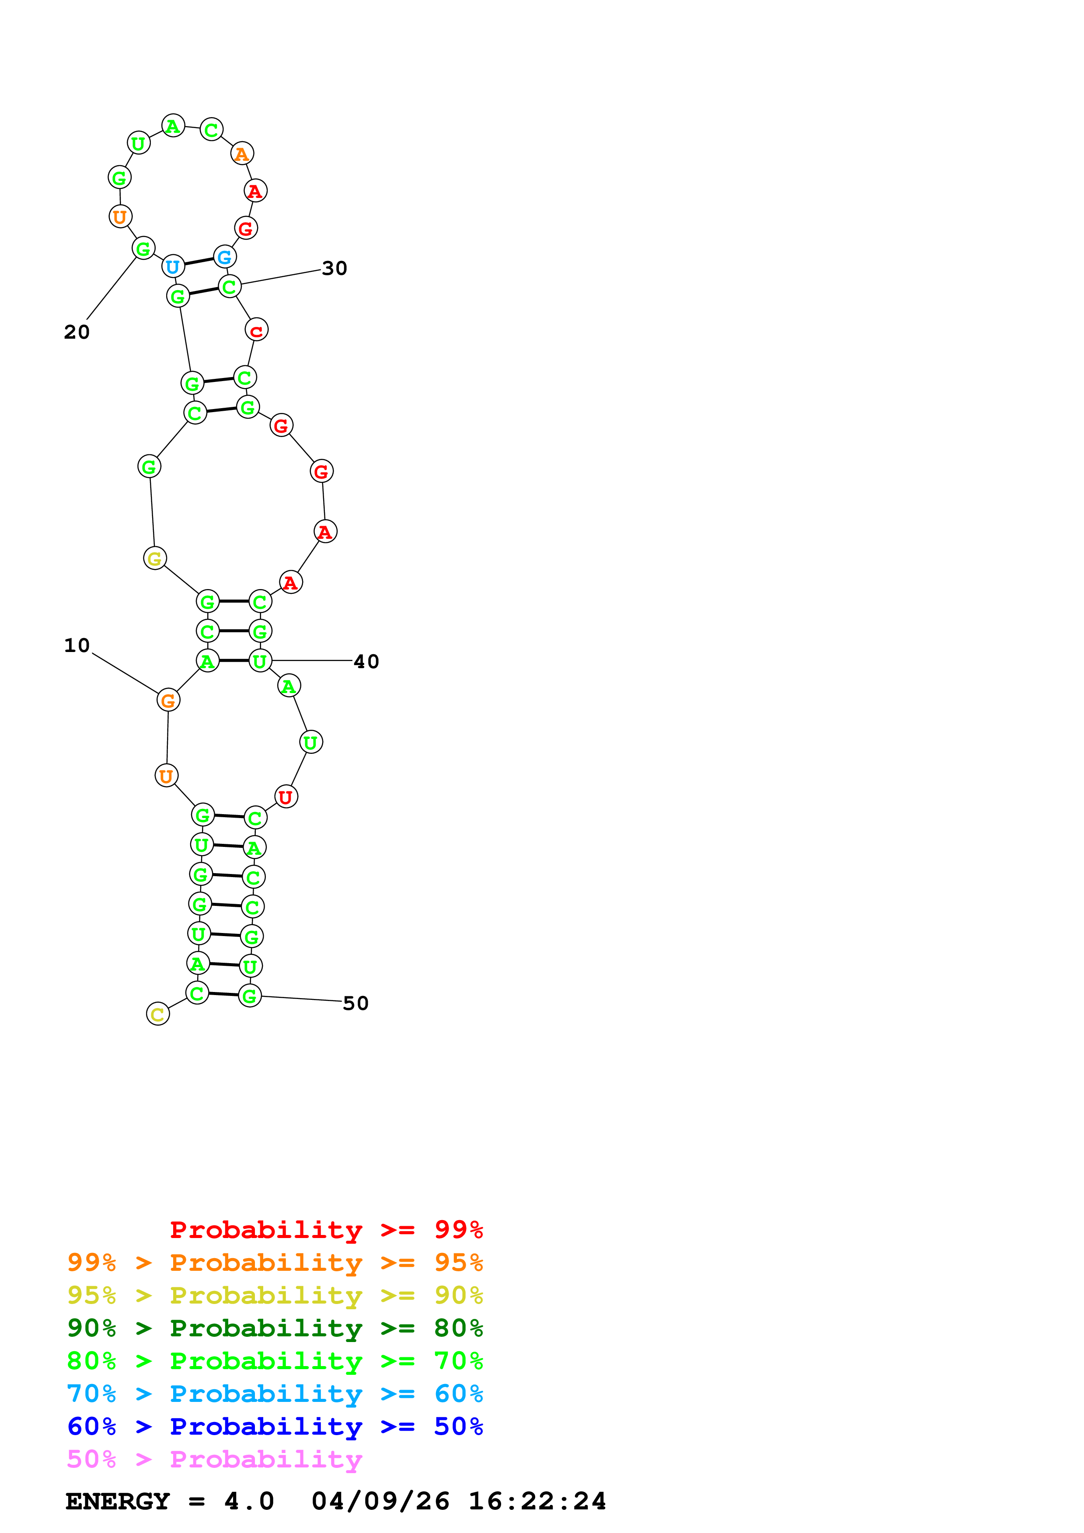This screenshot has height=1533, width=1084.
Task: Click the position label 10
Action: tap(77, 645)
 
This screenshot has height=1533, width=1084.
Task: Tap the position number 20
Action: tap(77, 332)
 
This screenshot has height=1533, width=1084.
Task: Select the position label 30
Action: tap(335, 268)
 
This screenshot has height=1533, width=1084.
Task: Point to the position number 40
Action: tap(366, 662)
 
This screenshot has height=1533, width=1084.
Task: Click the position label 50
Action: tap(356, 1003)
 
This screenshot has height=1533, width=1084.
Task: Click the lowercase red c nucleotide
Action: tap(257, 330)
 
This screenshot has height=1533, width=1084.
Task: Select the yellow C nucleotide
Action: tap(157, 1015)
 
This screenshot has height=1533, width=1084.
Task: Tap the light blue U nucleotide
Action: tap(173, 267)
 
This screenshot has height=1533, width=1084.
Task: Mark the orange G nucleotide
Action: tap(168, 701)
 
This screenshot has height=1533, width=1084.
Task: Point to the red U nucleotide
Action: tap(286, 797)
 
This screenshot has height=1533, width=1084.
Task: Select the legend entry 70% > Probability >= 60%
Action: tap(275, 1394)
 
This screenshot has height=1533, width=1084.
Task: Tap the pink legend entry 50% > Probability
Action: tap(214, 1460)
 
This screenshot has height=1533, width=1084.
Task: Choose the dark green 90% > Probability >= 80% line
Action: tap(275, 1328)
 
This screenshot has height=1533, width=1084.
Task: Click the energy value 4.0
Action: tap(249, 1502)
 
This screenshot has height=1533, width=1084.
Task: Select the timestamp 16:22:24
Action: tap(537, 1502)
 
